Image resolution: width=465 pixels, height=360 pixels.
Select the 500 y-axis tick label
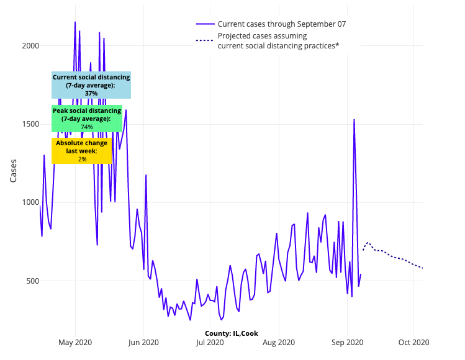(32, 281)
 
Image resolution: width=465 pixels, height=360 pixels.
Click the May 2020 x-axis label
(75, 342)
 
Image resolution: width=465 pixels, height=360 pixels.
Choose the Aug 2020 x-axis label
(279, 342)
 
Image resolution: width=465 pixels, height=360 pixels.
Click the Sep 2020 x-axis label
(347, 342)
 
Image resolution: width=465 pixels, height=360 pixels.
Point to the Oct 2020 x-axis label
(413, 342)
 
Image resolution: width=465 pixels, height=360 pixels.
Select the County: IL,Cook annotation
(232, 333)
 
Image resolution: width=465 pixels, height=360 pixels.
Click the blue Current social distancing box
(91, 85)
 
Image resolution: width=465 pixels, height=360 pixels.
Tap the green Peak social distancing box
(86, 118)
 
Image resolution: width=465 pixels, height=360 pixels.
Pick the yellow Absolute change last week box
(82, 151)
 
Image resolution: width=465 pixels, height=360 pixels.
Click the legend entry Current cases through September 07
(281, 24)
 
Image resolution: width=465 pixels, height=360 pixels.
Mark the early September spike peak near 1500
(354, 119)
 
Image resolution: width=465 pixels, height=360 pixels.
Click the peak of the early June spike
(146, 175)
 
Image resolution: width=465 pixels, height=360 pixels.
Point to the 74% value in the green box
(86, 127)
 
